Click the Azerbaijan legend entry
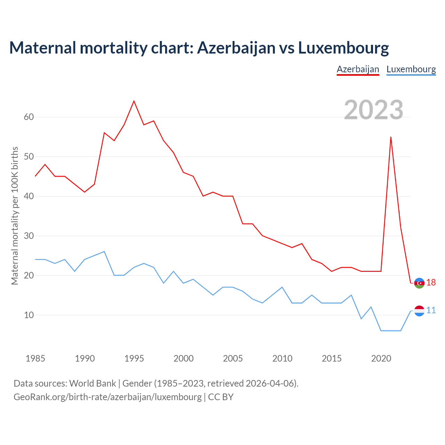[358, 69]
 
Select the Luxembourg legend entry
[411, 69]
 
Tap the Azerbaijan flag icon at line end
[419, 283]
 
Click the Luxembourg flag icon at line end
[419, 311]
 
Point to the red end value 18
[431, 283]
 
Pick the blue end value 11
[431, 310]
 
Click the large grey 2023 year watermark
[373, 110]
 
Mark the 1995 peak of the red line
[134, 101]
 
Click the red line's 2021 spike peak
[391, 137]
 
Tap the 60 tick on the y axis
[29, 117]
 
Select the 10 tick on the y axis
[29, 315]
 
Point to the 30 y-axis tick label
[29, 236]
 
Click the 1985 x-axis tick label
[35, 358]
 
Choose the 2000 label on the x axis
[184, 358]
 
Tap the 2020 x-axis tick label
[381, 358]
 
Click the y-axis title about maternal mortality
[15, 216]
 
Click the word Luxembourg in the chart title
[343, 48]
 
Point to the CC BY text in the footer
[221, 397]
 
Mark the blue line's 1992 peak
[104, 251]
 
